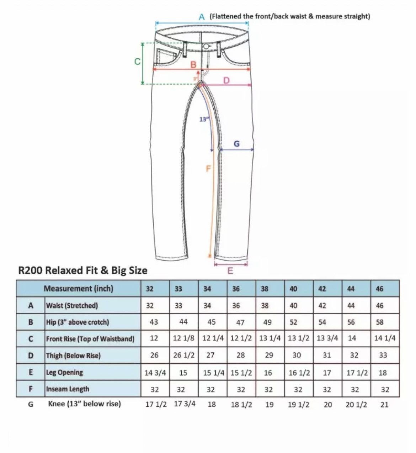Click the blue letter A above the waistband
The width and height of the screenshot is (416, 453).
202,17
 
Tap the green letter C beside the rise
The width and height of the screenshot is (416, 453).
138,62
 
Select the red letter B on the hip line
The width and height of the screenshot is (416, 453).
193,65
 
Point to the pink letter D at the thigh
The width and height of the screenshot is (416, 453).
226,80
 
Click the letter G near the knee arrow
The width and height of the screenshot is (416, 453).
236,144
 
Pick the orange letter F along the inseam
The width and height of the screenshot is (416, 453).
208,168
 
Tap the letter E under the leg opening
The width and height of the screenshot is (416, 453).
230,270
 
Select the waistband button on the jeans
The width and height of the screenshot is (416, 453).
206,47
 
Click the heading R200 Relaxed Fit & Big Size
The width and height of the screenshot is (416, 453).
83,270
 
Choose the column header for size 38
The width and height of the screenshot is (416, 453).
265,289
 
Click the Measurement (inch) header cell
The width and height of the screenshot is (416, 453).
78,288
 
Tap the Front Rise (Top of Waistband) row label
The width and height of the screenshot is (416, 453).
90,339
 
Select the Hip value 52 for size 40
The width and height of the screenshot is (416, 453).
293,322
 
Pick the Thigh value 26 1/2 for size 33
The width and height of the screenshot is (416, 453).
184,355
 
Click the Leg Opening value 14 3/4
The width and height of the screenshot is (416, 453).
155,373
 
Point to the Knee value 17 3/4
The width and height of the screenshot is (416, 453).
185,404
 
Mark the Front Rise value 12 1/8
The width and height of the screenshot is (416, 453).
184,338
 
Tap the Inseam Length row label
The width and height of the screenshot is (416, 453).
68,389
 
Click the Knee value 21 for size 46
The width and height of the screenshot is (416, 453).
384,405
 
